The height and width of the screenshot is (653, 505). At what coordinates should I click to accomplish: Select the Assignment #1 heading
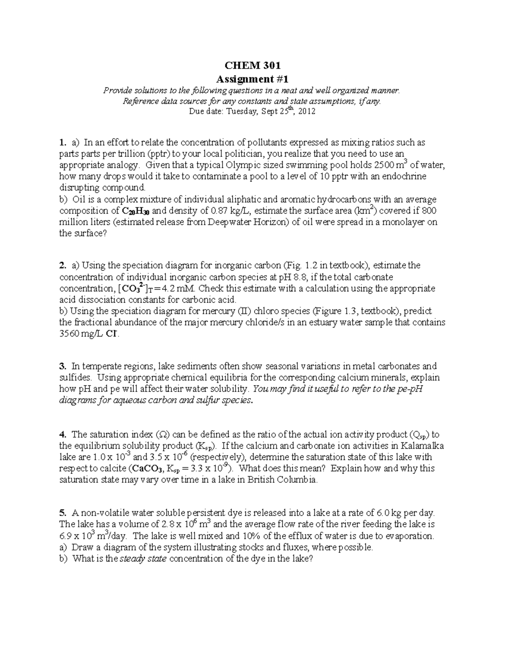coord(252,79)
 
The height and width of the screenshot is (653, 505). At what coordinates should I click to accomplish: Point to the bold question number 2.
coord(63,266)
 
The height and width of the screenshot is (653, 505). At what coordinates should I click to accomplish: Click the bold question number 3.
coord(63,366)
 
